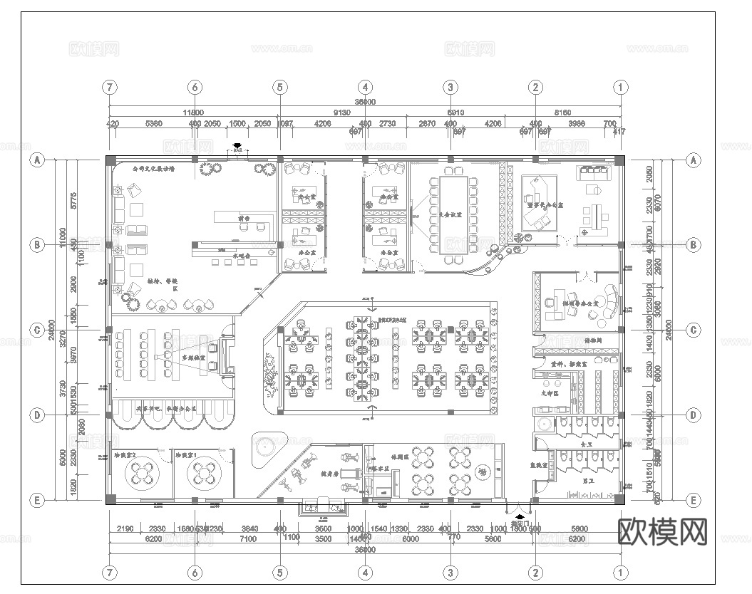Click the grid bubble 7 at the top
click(x=109, y=87)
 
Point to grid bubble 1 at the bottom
click(x=621, y=572)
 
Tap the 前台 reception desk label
click(x=244, y=219)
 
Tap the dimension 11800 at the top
click(x=193, y=113)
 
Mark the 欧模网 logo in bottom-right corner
click(x=662, y=531)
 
